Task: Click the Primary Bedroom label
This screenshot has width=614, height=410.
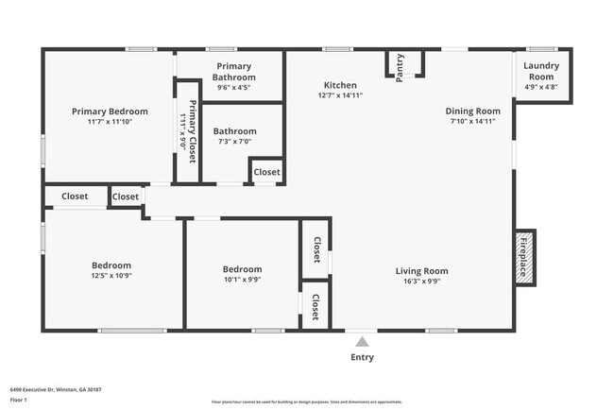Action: coord(109,111)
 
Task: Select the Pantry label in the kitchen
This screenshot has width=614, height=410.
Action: coord(400,68)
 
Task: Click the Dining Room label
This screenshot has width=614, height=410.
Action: coord(472,111)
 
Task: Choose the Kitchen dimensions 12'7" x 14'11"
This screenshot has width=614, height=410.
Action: coord(340,95)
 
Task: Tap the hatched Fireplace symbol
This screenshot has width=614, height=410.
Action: coord(524,255)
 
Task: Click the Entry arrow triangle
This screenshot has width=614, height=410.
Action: coord(362,341)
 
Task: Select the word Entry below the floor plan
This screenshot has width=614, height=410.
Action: coord(362,357)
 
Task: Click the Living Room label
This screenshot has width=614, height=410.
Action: coord(421,271)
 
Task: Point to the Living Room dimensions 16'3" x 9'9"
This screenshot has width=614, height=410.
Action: coord(421,281)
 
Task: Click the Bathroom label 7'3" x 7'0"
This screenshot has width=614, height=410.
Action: coord(234,131)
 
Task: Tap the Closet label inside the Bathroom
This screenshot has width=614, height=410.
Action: coord(266,172)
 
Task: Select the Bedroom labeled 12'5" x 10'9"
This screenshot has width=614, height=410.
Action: coord(111,265)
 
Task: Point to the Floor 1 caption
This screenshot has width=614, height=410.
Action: coord(19,400)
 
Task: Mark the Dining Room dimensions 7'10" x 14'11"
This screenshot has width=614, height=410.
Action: coord(472,121)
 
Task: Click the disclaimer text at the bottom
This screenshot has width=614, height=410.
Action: coord(306,401)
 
